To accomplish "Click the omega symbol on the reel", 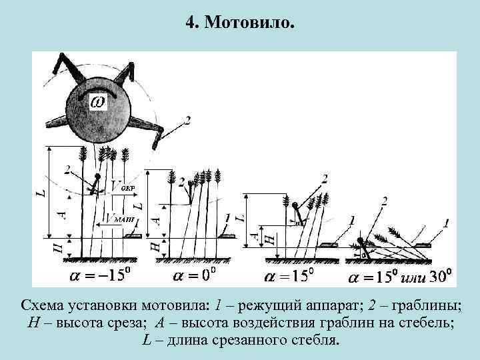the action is [x=97, y=102].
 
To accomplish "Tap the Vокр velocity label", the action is [x=123, y=187].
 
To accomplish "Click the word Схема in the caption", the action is [x=41, y=306].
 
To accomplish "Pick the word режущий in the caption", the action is [x=273, y=306].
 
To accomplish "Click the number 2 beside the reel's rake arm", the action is [x=187, y=120].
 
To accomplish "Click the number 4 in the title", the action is [x=191, y=24].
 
